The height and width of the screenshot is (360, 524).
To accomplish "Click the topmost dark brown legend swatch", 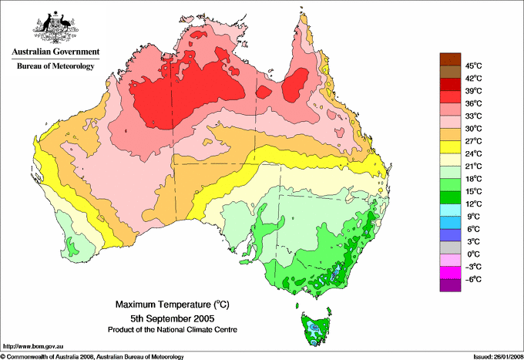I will pos(449,59).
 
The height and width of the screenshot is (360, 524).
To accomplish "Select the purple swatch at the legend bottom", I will pos(449,285).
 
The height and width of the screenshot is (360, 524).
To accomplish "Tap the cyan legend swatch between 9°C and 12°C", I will pos(449,210).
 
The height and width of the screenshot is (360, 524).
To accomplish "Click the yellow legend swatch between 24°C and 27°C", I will pos(449,147).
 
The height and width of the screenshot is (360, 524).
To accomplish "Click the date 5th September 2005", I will pos(166,318).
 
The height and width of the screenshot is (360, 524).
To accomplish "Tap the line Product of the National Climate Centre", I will pos(166,329).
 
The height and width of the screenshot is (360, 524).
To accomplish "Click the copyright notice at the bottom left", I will pos(92,355).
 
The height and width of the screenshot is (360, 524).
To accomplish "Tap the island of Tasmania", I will pos(314,328).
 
